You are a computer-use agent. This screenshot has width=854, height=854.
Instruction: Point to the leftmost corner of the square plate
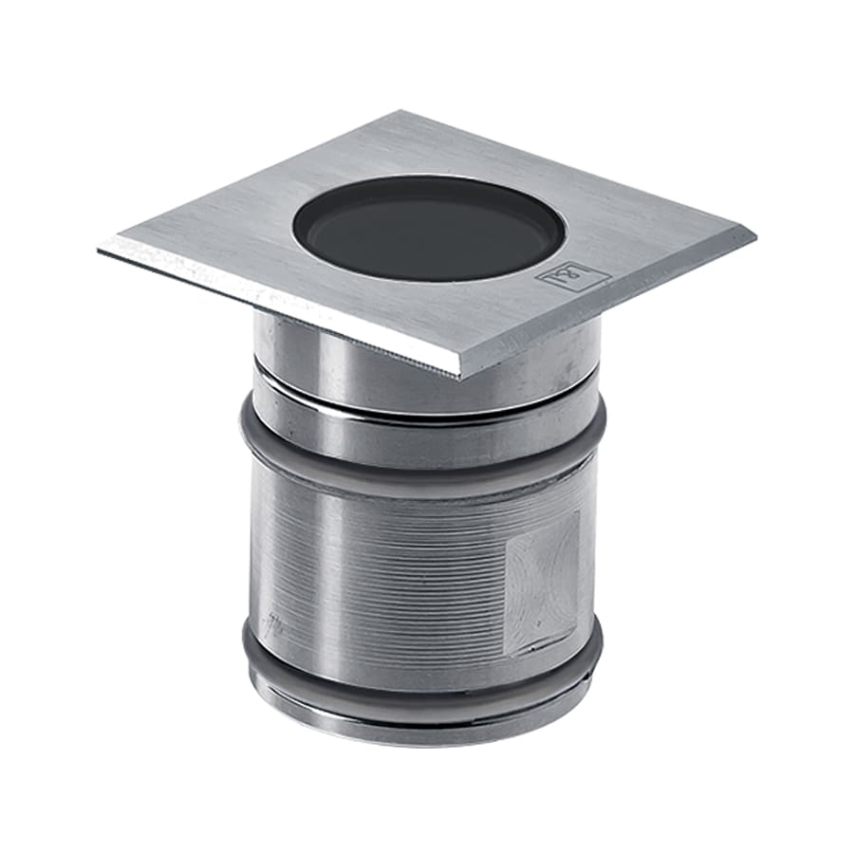(101, 249)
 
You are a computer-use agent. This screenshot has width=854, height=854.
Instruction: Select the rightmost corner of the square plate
(753, 232)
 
